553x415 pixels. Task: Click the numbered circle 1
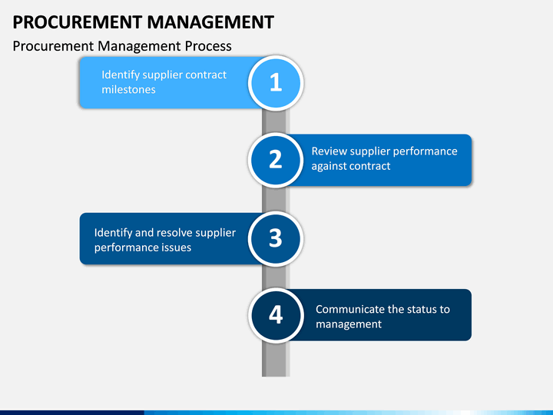(x=276, y=83)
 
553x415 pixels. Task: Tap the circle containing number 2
(x=276, y=160)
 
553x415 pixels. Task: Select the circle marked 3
(x=276, y=238)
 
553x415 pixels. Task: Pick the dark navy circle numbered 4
(x=276, y=315)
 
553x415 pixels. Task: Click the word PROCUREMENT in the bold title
(x=78, y=22)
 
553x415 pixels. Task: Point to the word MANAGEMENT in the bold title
(x=210, y=22)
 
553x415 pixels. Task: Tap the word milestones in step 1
(x=128, y=90)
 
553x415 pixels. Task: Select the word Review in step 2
(x=329, y=151)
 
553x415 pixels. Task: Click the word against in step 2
(x=330, y=166)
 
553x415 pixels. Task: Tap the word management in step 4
(x=349, y=324)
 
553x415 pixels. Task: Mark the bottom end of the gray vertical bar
(x=276, y=377)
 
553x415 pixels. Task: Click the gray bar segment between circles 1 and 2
(x=276, y=121)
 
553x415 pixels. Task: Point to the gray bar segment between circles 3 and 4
(x=276, y=277)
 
